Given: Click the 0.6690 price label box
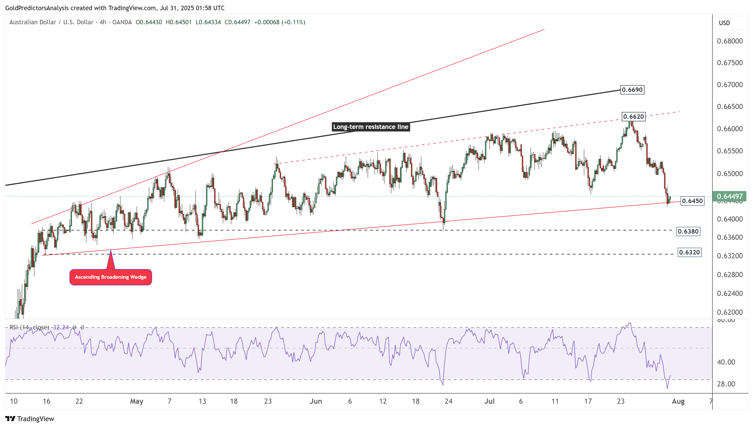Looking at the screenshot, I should click(632, 90).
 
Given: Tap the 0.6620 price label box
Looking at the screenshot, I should click(633, 117).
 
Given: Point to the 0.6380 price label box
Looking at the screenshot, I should click(688, 232).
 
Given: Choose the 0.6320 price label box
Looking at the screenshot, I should click(689, 253).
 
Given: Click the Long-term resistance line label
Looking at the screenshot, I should click(370, 127).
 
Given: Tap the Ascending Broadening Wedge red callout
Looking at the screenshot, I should click(110, 277).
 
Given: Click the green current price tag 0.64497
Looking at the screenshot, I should click(729, 196).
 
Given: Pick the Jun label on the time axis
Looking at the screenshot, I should click(315, 401).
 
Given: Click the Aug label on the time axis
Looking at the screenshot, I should click(678, 401).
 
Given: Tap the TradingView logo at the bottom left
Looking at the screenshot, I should click(30, 419).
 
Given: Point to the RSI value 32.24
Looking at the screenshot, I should click(61, 328).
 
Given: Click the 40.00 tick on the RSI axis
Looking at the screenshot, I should click(726, 362).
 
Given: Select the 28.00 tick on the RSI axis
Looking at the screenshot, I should click(726, 384).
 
